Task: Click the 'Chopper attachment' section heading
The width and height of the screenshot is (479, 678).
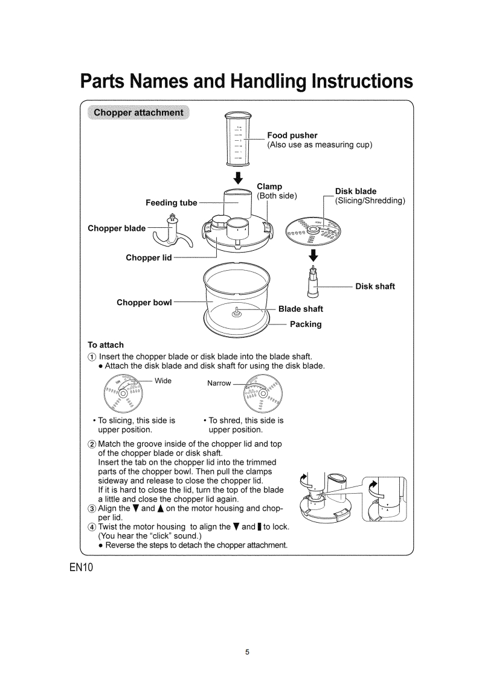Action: (x=139, y=112)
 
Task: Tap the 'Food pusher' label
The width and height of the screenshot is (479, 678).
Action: (x=292, y=135)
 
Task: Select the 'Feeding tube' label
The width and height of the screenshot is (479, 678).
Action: (x=172, y=202)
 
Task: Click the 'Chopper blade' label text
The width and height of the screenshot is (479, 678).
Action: (x=117, y=228)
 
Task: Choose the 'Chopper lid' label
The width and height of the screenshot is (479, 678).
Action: (x=149, y=258)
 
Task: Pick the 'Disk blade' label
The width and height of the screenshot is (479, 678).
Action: (x=356, y=192)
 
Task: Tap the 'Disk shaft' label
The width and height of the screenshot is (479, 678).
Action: (x=375, y=286)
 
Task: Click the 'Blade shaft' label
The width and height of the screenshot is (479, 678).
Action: (x=300, y=309)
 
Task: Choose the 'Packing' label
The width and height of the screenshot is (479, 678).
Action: (x=306, y=324)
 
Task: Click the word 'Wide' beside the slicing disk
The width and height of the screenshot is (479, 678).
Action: (x=163, y=381)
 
